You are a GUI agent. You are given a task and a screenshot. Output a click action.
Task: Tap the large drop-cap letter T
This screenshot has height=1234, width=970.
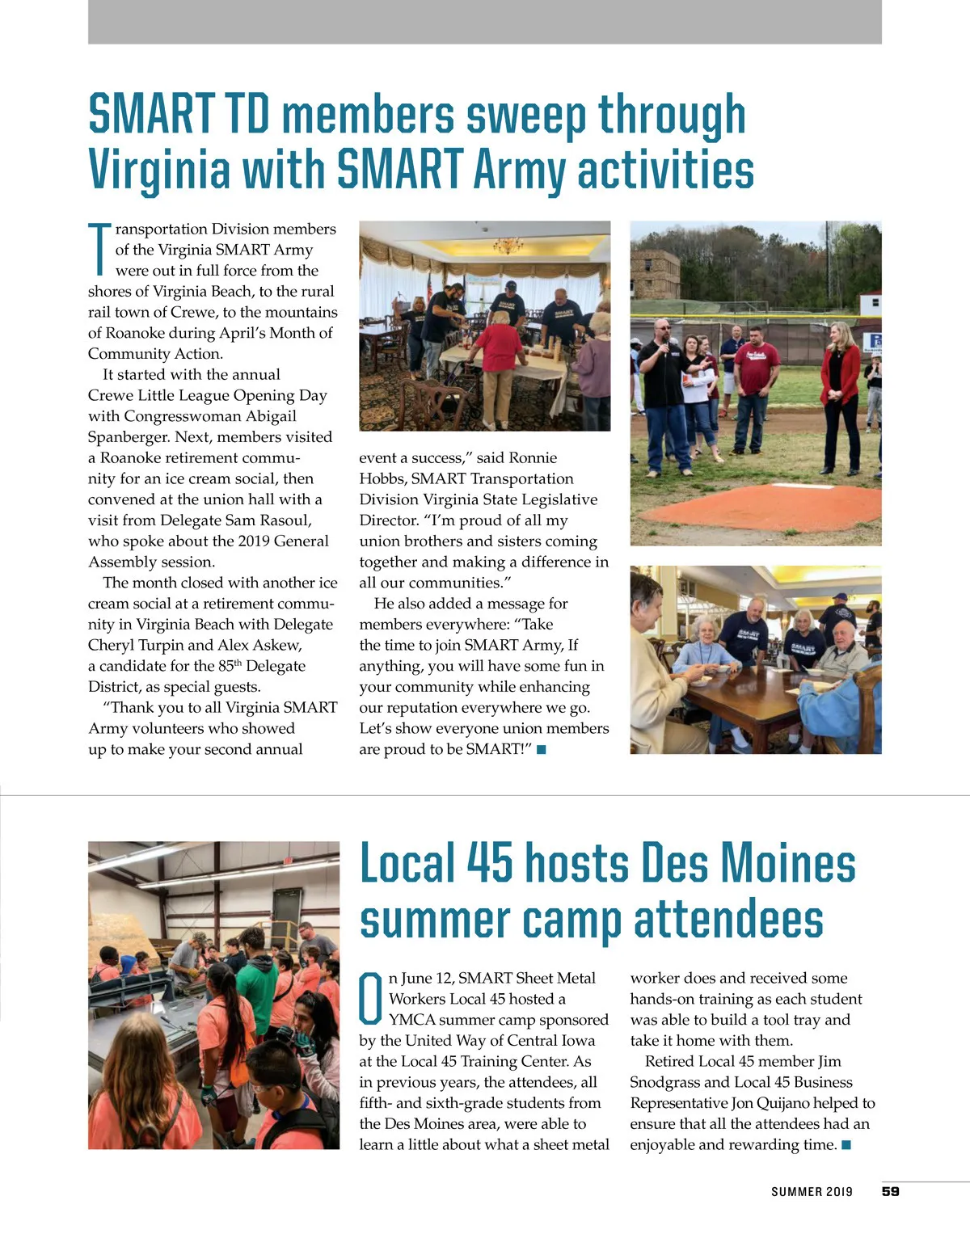tap(99, 249)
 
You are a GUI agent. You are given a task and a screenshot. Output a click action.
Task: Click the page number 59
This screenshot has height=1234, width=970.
tap(890, 1191)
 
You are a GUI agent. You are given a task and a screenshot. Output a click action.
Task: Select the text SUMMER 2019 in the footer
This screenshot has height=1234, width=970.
tap(811, 1192)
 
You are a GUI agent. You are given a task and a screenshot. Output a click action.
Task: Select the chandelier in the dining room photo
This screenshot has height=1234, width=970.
tap(507, 245)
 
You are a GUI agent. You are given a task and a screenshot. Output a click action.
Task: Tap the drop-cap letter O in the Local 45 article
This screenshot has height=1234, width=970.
tap(371, 999)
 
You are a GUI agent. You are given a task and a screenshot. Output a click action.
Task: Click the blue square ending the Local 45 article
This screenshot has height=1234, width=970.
tap(846, 1145)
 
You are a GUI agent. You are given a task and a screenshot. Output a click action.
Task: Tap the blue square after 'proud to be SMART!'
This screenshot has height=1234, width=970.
tap(542, 749)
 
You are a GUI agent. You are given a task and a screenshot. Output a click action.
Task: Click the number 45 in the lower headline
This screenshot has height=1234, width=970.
tap(489, 864)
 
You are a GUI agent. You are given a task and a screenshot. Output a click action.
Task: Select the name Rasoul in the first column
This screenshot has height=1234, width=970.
tap(285, 520)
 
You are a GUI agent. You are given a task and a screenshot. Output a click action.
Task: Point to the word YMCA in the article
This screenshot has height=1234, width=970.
tap(412, 1020)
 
